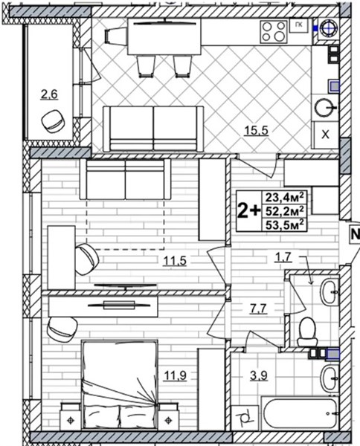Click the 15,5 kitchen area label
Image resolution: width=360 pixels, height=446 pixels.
point(256,131)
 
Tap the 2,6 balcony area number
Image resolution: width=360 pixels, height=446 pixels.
point(49,94)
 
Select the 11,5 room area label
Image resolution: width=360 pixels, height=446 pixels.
point(175,261)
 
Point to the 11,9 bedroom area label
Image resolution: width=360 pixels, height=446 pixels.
point(175,375)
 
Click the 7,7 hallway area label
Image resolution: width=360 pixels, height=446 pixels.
point(258,308)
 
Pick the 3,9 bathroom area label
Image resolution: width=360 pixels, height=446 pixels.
point(259,375)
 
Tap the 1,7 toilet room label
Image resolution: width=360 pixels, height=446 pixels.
point(283,257)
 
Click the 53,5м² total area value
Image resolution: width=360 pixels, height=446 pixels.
point(284,225)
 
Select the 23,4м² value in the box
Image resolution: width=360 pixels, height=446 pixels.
point(284,196)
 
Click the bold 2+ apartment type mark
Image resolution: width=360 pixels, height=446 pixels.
point(249,211)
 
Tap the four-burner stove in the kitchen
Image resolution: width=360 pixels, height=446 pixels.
point(274,31)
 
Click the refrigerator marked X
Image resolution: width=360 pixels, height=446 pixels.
point(325,135)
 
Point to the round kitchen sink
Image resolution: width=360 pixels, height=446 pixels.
point(325,108)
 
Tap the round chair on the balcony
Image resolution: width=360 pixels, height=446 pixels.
point(54,121)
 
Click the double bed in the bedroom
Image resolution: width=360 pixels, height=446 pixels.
point(120,384)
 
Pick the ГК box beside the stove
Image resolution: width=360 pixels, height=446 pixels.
point(298,26)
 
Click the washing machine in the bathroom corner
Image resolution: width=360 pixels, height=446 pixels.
point(245,418)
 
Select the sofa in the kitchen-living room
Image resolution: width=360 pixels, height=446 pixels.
point(153,129)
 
